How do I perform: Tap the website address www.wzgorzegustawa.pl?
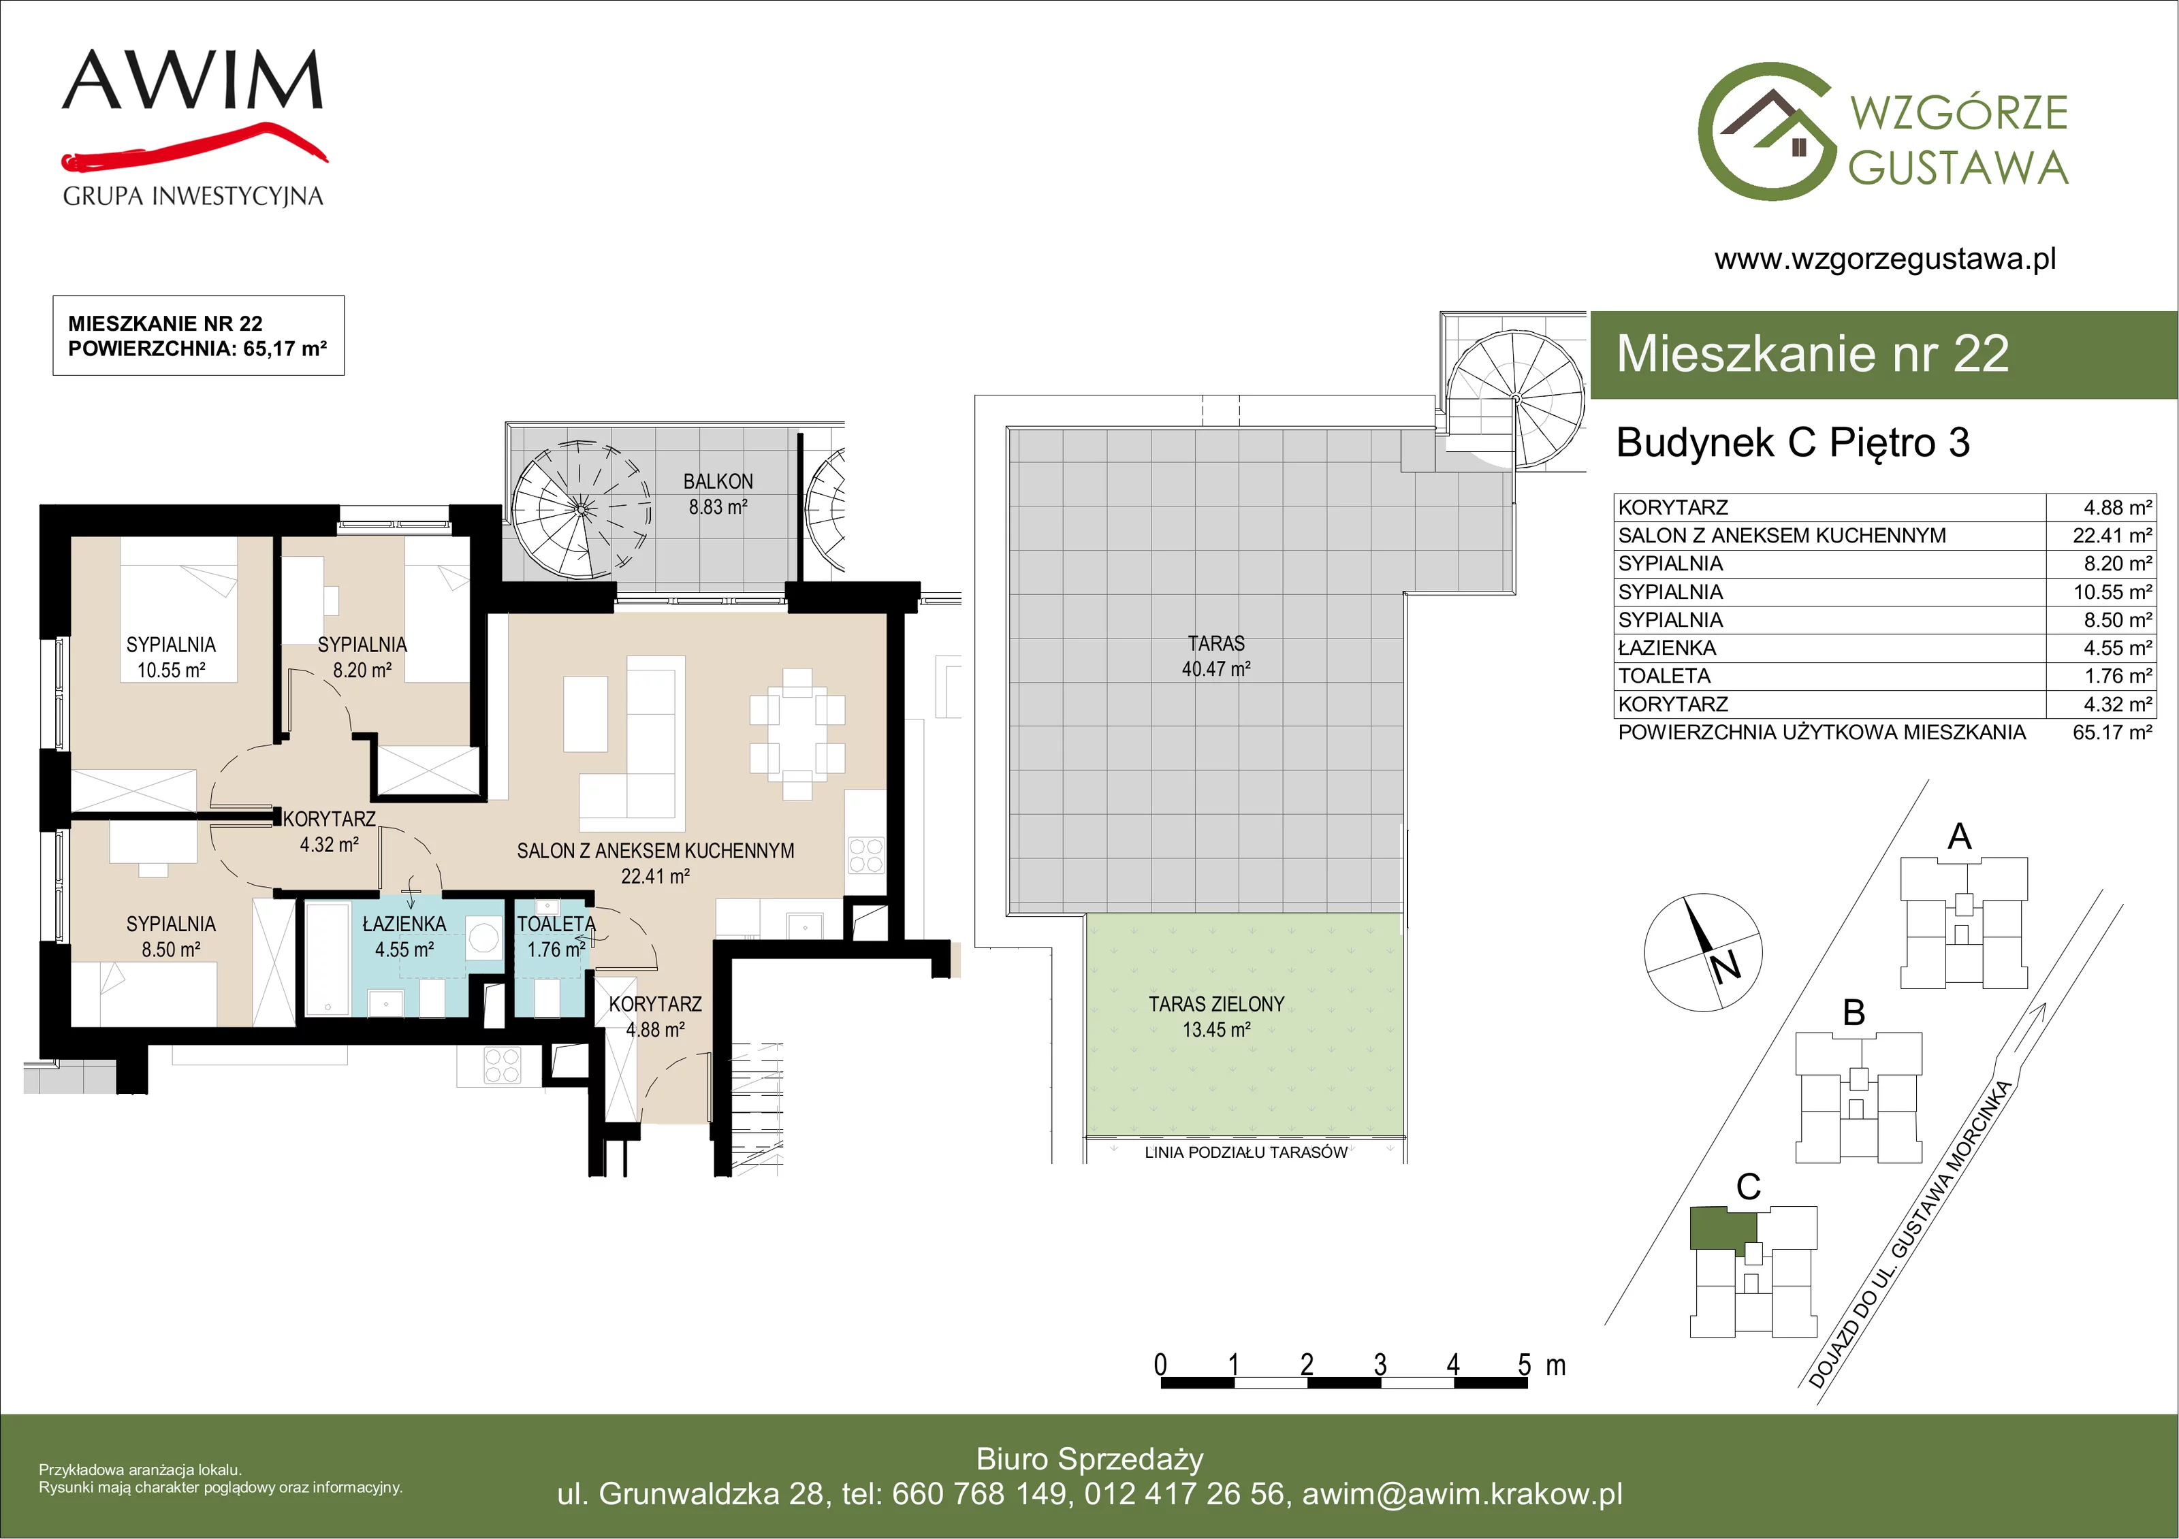[x=1885, y=259]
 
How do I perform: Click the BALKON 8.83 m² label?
[x=718, y=494]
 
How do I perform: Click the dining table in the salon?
[x=797, y=734]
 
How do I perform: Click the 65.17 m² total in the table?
[x=2112, y=732]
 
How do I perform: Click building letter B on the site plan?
[x=1854, y=1012]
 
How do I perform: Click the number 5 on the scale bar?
[x=1524, y=1365]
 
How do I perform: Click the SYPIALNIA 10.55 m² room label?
[x=171, y=658]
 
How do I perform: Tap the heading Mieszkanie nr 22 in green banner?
[x=1813, y=354]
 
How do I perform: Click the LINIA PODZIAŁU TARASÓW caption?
[x=1246, y=1152]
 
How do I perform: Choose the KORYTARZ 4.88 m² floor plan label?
[x=655, y=1016]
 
